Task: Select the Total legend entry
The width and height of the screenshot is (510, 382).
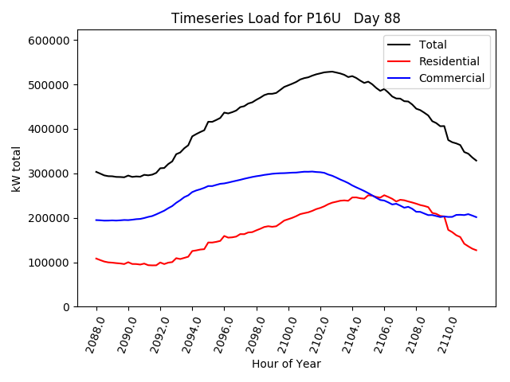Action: click(x=433, y=45)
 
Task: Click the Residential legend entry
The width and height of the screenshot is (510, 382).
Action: click(x=449, y=61)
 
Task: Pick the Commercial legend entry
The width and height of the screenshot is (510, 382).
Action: click(x=451, y=78)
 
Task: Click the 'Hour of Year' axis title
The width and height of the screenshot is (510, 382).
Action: click(x=286, y=364)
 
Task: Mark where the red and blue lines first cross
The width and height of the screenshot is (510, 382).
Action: click(x=371, y=196)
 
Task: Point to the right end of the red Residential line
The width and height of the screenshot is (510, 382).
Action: click(x=477, y=251)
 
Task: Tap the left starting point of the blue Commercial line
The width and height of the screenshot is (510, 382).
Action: click(x=96, y=220)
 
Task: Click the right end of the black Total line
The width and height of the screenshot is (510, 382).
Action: click(x=477, y=161)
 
